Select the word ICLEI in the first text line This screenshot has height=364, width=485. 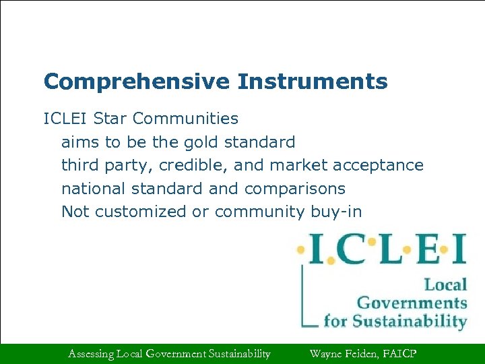tap(66, 119)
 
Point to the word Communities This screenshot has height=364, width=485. tap(185, 119)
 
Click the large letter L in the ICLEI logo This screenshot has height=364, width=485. tap(391, 249)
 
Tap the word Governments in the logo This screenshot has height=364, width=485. tap(412, 303)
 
